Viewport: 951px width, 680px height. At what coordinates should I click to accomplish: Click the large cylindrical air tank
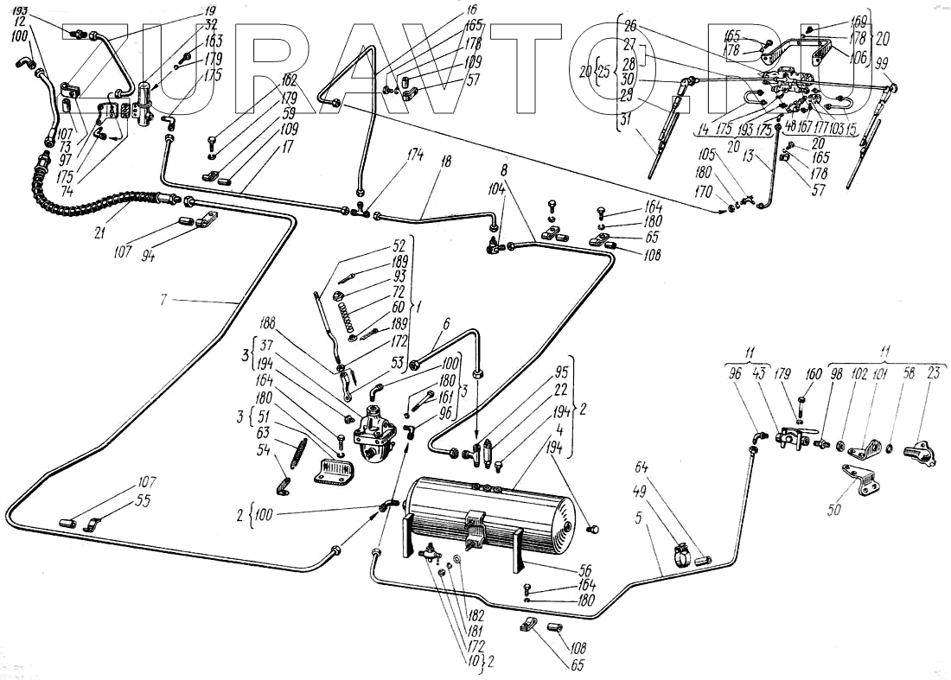tap(488, 514)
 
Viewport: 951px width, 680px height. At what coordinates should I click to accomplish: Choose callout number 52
tap(399, 245)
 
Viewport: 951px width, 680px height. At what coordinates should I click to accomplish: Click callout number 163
tap(214, 41)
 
